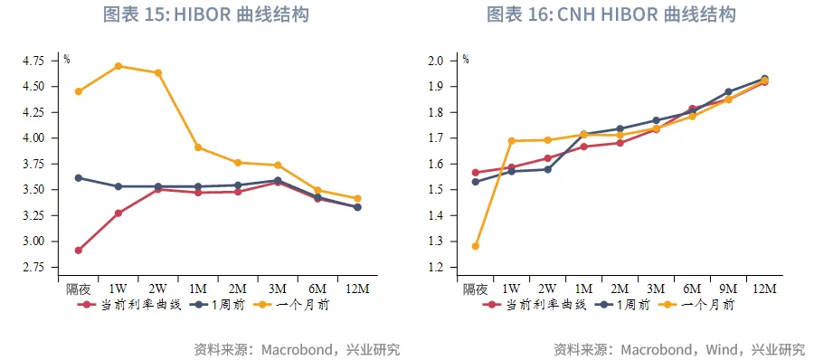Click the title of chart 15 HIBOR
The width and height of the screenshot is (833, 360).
pos(207,14)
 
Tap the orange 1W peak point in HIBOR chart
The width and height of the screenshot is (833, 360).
pos(118,66)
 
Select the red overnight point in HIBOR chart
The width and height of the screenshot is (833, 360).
pos(79,250)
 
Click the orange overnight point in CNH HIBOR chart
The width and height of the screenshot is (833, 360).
pos(476,246)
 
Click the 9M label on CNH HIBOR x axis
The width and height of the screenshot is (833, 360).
pos(728,289)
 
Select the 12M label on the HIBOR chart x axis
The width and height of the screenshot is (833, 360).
pos(357,289)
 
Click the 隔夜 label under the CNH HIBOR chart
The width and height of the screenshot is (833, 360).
pos(476,289)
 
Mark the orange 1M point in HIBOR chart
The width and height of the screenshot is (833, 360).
pos(198,147)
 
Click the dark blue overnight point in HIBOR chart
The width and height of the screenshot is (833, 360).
pos(79,178)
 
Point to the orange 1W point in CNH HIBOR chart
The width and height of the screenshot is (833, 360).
pos(512,141)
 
